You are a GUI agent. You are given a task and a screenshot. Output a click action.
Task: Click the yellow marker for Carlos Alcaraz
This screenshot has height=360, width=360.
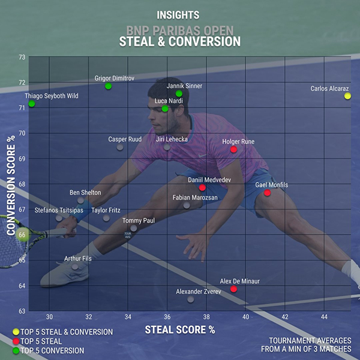pyautogui.click(x=347, y=96)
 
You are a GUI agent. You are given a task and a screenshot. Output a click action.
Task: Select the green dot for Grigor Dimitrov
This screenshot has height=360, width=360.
pyautogui.click(x=108, y=86)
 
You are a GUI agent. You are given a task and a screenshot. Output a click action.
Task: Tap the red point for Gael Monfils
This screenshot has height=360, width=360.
pyautogui.click(x=268, y=193)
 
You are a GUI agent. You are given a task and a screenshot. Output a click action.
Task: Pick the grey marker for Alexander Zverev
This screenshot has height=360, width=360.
pyautogui.click(x=191, y=299)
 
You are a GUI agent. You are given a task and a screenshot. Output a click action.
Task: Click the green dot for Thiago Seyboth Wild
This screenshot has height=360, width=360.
pyautogui.click(x=32, y=104)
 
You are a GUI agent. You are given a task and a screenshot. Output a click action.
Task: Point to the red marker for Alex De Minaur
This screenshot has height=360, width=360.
pyautogui.click(x=233, y=289)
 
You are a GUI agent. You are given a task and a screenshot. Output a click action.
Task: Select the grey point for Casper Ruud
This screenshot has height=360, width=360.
pyautogui.click(x=120, y=147)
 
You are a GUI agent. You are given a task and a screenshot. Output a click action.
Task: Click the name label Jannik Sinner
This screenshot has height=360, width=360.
pyautogui.click(x=184, y=86)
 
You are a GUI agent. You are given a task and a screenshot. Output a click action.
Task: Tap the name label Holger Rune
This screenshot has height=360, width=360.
pyautogui.click(x=238, y=142)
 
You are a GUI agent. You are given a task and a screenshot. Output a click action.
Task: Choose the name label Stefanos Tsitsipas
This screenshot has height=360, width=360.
pyautogui.click(x=58, y=211)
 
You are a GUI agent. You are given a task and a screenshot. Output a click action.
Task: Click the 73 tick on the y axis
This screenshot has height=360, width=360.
pyautogui.click(x=22, y=57)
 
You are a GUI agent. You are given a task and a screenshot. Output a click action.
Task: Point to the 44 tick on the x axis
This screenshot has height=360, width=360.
pyautogui.click(x=324, y=317)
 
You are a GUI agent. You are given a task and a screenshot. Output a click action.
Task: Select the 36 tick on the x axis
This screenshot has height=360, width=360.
pyautogui.click(x=167, y=317)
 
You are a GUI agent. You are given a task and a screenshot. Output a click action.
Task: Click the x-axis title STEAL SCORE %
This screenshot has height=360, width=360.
pyautogui.click(x=179, y=329)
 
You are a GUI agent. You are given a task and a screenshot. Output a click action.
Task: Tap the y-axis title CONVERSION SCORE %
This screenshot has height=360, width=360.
pyautogui.click(x=10, y=185)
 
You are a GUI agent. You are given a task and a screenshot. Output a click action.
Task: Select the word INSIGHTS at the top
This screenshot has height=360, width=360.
pyautogui.click(x=178, y=14)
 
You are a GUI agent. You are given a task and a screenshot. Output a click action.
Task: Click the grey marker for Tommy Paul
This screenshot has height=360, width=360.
pyautogui.click(x=133, y=228)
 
